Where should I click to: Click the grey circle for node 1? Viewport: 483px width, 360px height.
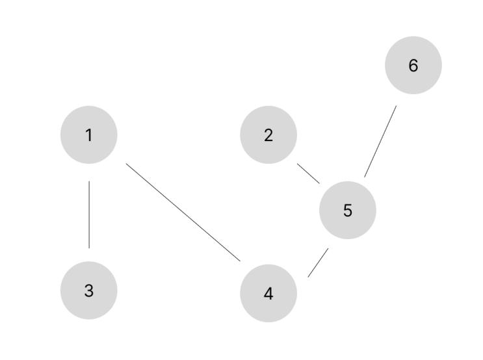click(x=88, y=135)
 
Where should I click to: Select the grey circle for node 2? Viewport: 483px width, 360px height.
click(x=268, y=135)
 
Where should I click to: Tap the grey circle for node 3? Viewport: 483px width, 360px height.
click(x=88, y=290)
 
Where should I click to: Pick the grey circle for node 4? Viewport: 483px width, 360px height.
click(x=268, y=293)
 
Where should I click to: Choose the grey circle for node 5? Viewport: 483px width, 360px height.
click(x=348, y=210)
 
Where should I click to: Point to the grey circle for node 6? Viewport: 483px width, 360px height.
click(x=413, y=65)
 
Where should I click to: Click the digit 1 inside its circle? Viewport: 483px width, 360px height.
click(x=88, y=135)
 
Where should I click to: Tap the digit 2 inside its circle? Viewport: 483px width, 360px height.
click(x=268, y=135)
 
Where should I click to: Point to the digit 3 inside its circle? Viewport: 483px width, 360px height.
click(x=88, y=290)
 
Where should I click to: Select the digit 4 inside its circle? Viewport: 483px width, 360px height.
click(x=268, y=294)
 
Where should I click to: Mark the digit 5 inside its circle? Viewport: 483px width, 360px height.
click(x=348, y=211)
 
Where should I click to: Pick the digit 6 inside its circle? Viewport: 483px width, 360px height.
click(x=413, y=66)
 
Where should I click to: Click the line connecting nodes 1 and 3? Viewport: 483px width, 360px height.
click(x=89, y=214)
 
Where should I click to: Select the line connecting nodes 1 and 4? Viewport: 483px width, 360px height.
click(x=183, y=212)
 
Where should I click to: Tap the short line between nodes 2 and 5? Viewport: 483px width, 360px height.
click(x=308, y=174)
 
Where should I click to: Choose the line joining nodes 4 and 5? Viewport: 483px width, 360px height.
click(x=318, y=263)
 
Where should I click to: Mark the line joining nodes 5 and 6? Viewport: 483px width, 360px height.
click(x=380, y=142)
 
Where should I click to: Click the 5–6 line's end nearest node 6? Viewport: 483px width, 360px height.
click(x=397, y=106)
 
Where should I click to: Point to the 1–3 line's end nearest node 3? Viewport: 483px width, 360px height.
click(x=89, y=248)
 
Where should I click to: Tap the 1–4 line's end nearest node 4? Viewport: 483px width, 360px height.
click(x=241, y=261)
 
